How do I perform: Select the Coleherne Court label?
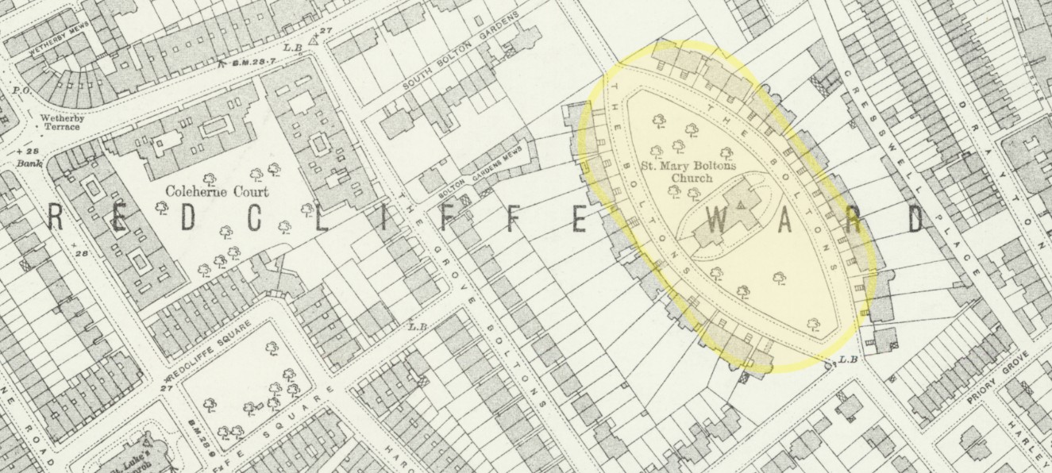(217, 191)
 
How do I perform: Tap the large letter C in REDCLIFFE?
(251, 221)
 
